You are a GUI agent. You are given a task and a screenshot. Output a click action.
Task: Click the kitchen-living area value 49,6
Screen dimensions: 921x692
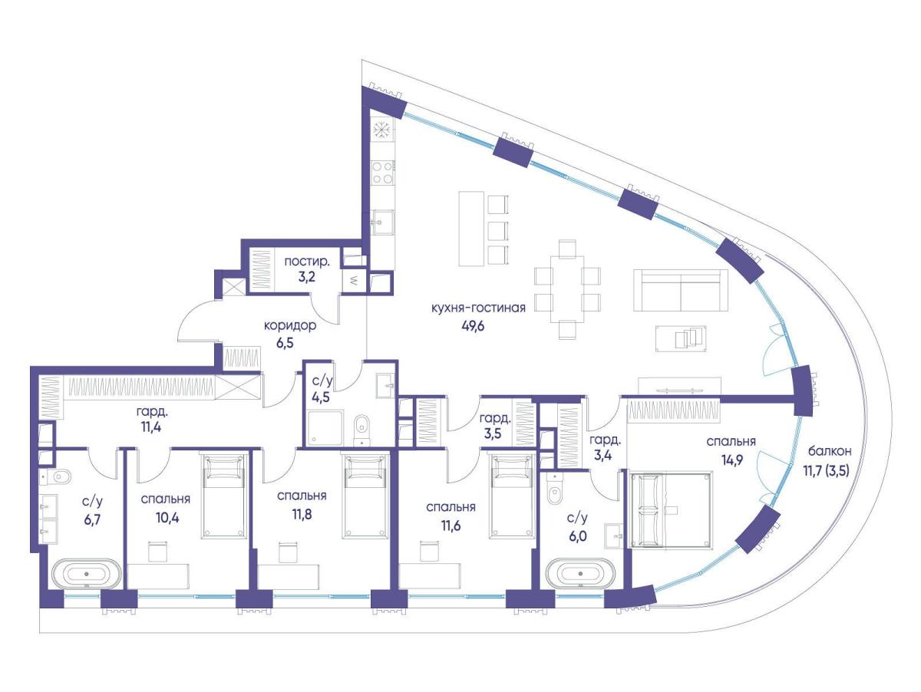tap(472, 325)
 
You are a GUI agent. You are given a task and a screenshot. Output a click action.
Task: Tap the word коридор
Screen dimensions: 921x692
tap(290, 325)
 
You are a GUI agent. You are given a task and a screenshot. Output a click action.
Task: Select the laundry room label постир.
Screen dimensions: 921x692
tap(307, 262)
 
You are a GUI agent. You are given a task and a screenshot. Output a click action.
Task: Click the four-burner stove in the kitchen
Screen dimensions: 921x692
tap(383, 173)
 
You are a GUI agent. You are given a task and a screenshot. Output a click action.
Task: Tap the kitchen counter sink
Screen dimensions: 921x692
tap(383, 222)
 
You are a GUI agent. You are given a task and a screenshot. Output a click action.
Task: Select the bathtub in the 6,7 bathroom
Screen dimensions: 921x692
tap(87, 573)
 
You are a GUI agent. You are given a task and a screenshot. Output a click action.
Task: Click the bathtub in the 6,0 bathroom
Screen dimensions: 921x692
tap(581, 572)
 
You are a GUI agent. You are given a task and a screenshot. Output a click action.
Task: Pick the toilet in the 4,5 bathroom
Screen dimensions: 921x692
tap(361, 430)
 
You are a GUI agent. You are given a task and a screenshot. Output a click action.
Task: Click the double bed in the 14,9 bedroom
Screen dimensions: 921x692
tap(670, 510)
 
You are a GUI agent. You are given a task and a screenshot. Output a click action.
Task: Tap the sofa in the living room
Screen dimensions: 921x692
tap(680, 290)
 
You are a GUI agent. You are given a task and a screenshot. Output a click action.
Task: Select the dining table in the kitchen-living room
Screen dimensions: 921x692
tap(567, 289)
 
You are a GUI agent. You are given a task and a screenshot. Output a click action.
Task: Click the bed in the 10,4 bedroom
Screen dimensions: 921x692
tap(223, 496)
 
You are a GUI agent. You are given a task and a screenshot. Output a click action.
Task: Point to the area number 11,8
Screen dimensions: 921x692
tap(302, 514)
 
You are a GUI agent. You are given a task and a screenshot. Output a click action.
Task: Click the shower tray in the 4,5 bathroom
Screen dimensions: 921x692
tap(325, 428)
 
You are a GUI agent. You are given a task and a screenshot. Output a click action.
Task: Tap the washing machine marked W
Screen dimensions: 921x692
tap(352, 282)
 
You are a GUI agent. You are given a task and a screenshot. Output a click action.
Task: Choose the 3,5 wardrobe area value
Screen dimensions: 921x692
tap(492, 433)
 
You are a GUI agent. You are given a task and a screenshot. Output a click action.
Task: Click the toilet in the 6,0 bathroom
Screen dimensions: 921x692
tap(557, 489)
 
